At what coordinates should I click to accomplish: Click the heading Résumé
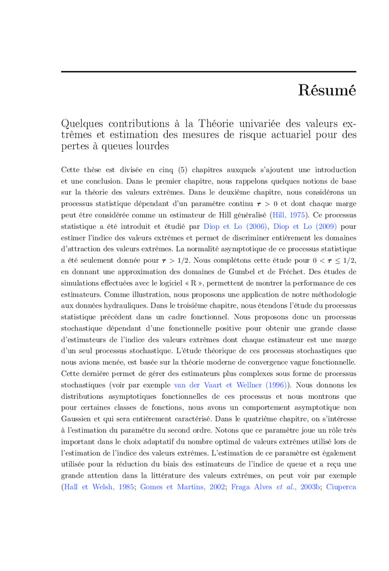(x=327, y=90)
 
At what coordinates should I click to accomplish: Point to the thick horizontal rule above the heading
(x=208, y=72)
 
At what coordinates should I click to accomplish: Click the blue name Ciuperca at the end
(x=341, y=487)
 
